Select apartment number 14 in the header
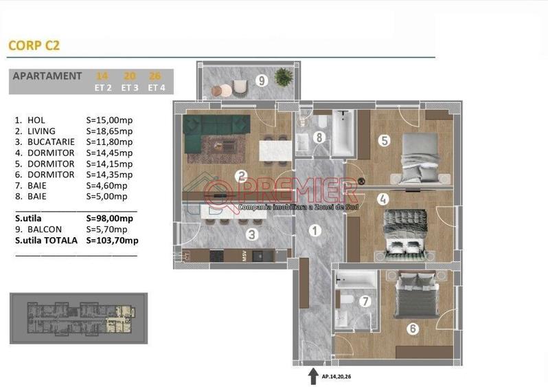coord(102,76)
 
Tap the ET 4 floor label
coord(155,88)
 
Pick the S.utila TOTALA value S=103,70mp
coord(112,241)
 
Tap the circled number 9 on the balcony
coord(261,80)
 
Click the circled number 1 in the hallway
coord(315,231)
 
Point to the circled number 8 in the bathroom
coord(319,137)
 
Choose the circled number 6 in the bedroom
coord(412,329)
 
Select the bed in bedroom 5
coord(419,155)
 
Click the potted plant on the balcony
coord(282,76)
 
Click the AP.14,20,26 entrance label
coord(341,377)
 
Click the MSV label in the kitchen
coord(244,256)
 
